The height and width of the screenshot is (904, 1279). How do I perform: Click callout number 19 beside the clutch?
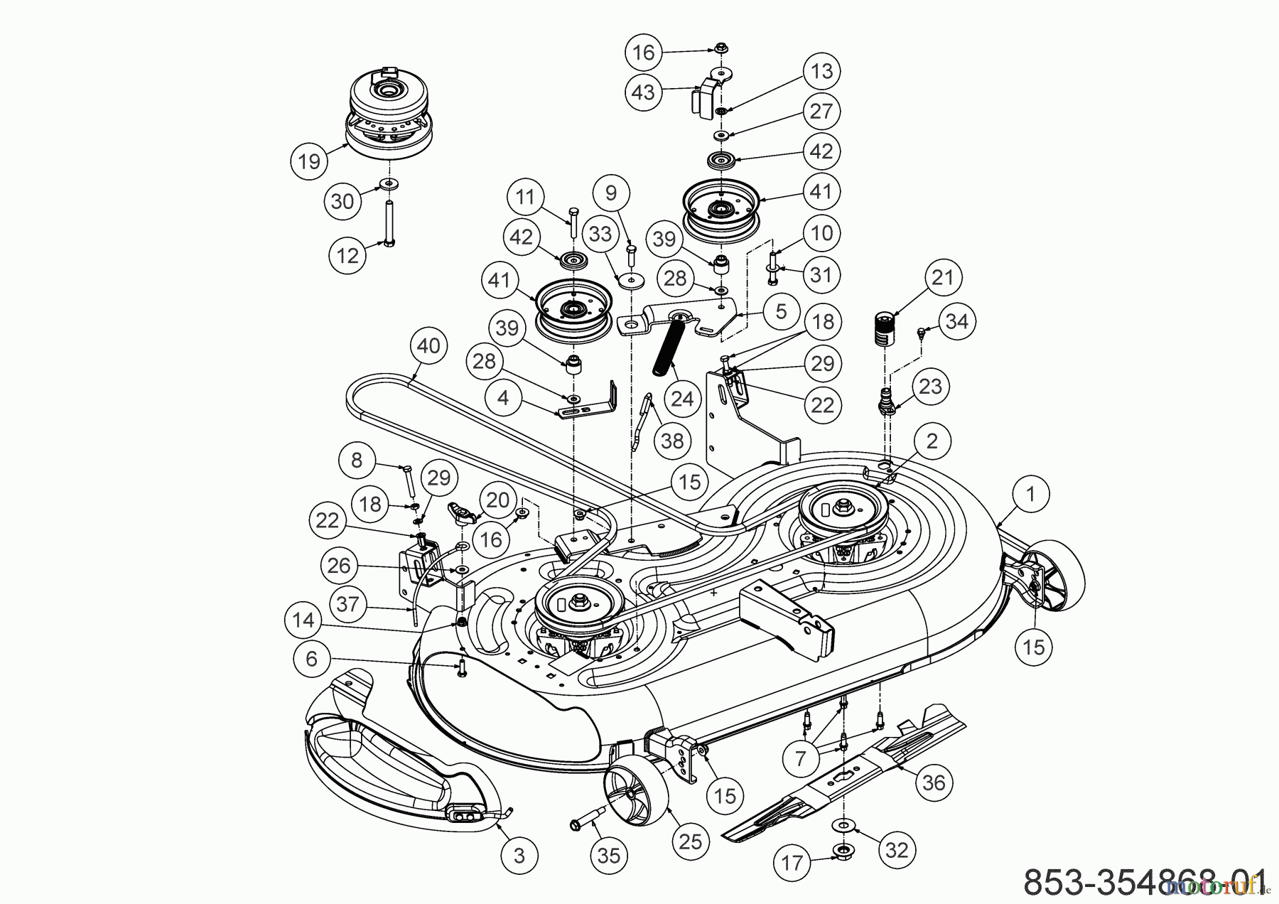coord(309,161)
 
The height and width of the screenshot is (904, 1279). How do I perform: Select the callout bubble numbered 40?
coord(428,346)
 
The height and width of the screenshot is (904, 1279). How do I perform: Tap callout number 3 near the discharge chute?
coord(519,856)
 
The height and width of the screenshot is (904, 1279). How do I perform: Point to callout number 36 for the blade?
coord(934,782)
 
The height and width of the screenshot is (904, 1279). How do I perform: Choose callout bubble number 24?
coord(681,399)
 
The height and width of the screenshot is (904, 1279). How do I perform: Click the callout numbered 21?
coord(942,277)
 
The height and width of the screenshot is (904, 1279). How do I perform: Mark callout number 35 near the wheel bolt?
coord(609,856)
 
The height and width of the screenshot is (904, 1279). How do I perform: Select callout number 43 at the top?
coord(643,92)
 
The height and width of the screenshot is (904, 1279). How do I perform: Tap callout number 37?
coord(348,605)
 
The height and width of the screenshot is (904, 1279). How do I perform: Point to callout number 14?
coord(303,620)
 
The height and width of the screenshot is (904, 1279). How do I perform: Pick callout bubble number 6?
coord(312,659)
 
